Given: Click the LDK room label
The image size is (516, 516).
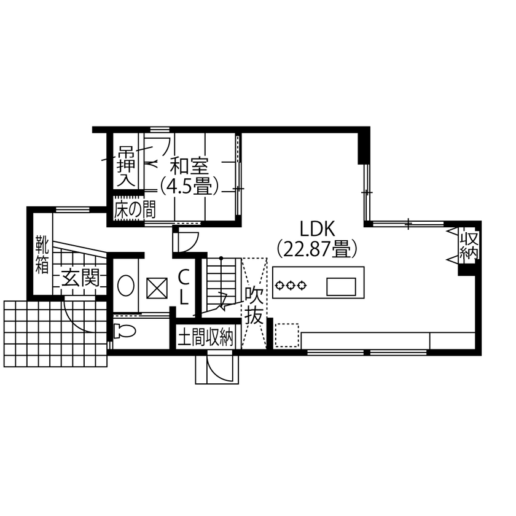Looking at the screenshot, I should tap(316, 229).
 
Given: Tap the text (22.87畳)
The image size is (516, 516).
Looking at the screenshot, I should tap(317, 249).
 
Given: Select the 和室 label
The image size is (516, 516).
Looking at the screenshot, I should tap(189, 166).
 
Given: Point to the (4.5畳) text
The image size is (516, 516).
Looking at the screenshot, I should tap(189, 186).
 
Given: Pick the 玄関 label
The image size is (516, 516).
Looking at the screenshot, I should tap(79, 280).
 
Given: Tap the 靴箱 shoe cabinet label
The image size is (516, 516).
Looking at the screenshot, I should tap(42, 254).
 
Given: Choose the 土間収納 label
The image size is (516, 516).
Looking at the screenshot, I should tap(206, 337).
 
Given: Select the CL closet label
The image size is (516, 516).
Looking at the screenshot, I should tap(184, 287).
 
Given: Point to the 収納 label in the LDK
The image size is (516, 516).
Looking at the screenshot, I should tap(469, 245).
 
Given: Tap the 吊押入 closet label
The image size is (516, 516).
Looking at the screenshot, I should tap(126, 166).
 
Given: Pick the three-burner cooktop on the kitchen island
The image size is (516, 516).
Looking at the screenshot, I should tap(291, 285).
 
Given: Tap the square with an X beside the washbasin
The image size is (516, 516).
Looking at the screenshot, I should tap(157, 287).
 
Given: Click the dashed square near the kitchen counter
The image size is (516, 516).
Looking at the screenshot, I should tap(286, 335).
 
